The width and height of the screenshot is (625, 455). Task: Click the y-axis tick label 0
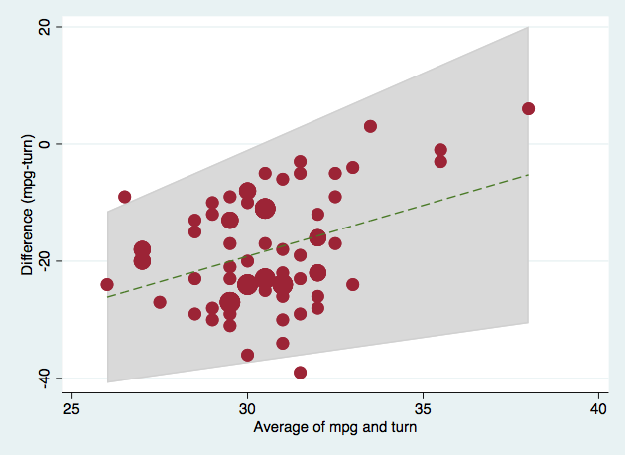[x=44, y=144]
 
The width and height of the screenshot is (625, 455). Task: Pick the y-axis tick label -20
[x=44, y=260]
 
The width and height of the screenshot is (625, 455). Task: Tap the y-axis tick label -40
[x=44, y=378]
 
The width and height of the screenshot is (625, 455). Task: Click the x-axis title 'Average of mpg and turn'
[x=335, y=428]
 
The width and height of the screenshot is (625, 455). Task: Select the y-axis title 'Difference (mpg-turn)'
[x=27, y=202]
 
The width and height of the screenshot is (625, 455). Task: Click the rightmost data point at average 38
[x=528, y=108]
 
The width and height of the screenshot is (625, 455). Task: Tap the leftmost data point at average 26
[x=107, y=284]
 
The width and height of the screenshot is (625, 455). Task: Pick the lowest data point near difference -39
[x=301, y=373]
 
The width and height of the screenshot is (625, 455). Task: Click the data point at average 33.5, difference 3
[x=370, y=126]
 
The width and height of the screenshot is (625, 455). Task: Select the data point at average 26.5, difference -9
[x=124, y=197]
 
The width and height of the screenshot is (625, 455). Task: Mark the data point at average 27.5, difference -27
[x=160, y=302]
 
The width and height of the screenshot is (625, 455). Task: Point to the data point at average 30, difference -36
[x=248, y=355]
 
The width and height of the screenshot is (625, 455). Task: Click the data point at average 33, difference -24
[x=353, y=284]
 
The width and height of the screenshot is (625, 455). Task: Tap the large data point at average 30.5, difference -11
[x=265, y=209]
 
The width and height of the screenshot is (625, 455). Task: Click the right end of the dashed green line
[x=528, y=174]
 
